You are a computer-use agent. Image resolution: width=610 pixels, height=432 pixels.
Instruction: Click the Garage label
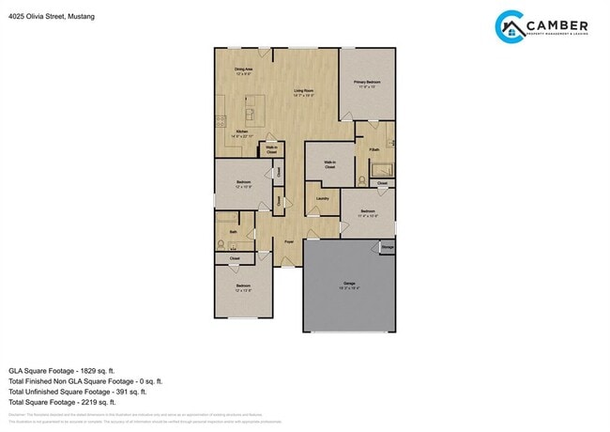(349, 283)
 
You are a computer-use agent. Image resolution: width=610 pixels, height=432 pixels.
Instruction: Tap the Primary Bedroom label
(366, 84)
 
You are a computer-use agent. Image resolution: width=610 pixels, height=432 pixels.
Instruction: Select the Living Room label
(302, 91)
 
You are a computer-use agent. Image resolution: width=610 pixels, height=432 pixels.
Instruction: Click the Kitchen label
(242, 132)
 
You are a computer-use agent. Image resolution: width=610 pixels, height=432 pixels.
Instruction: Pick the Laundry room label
(322, 198)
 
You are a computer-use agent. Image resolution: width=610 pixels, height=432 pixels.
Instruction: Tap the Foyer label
(290, 241)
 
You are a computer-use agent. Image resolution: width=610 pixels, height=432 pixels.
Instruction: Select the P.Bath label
(374, 149)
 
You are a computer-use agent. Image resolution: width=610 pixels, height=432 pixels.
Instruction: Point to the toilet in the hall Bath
(221, 242)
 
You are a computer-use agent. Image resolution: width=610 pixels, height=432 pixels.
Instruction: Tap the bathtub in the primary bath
(382, 170)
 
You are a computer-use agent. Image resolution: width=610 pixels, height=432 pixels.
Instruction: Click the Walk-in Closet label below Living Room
(330, 163)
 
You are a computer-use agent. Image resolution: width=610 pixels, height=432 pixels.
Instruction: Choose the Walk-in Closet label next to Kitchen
(270, 148)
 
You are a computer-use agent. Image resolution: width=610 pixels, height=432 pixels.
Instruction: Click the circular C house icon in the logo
(510, 27)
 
